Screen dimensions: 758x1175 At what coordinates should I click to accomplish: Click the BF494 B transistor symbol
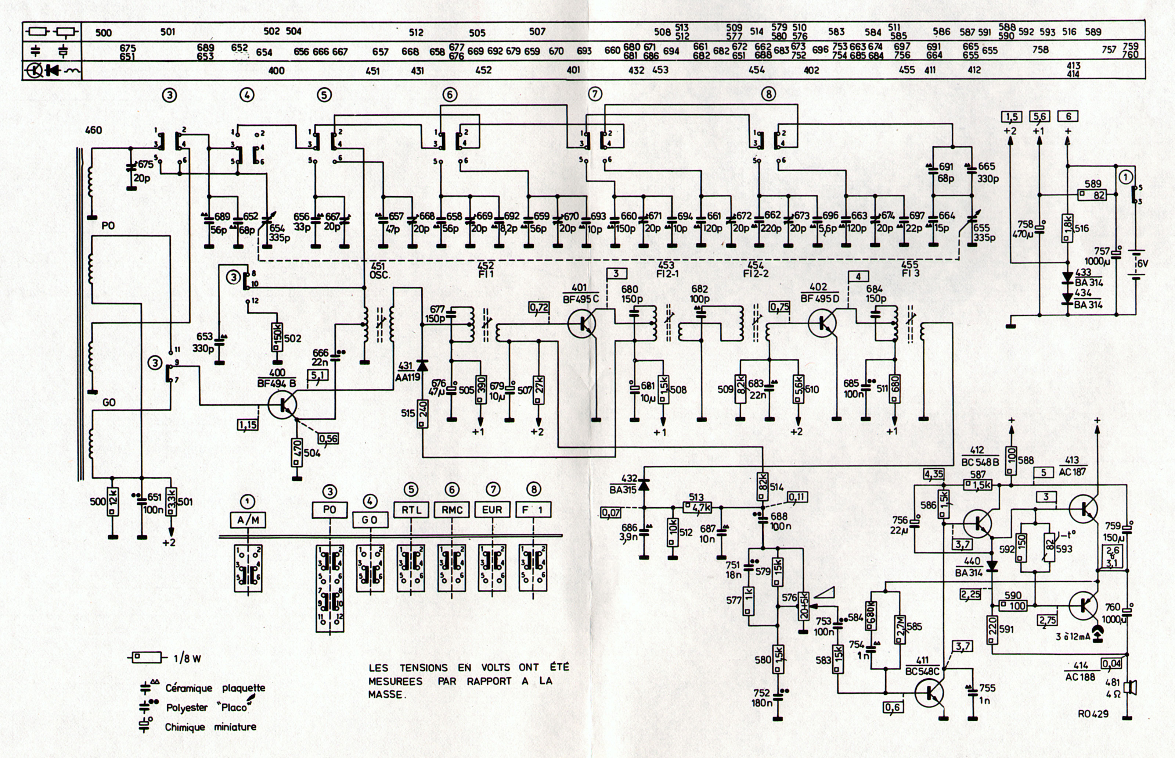pyautogui.click(x=283, y=404)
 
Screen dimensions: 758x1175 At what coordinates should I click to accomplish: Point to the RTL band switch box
pyautogui.click(x=411, y=509)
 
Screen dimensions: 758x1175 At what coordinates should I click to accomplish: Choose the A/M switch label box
pyautogui.click(x=248, y=519)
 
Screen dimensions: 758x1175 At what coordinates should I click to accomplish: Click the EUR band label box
pyautogui.click(x=492, y=509)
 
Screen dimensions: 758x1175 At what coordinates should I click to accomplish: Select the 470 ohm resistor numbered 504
pyautogui.click(x=296, y=453)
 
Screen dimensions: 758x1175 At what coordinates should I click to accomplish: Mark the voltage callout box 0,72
pyautogui.click(x=538, y=308)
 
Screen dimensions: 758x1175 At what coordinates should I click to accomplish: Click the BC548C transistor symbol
pyautogui.click(x=929, y=693)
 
